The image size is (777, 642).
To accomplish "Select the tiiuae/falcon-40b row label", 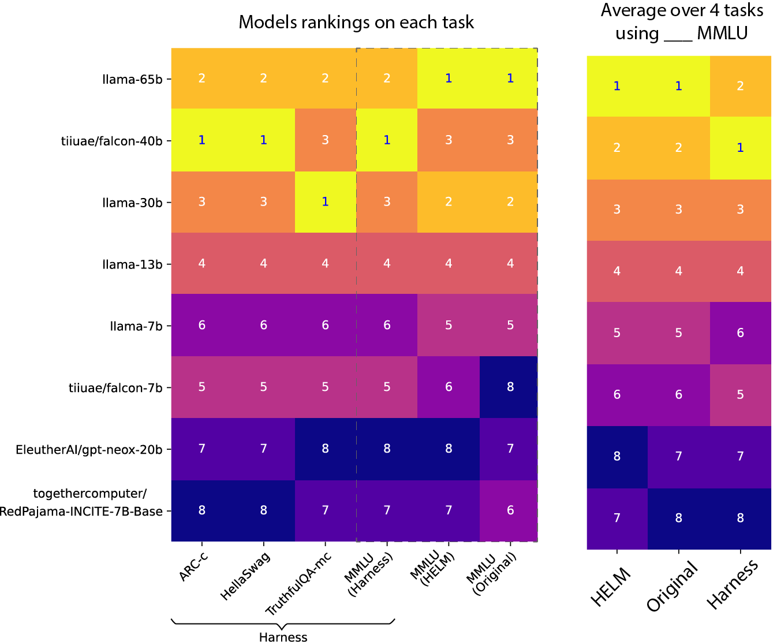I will pos(112,140).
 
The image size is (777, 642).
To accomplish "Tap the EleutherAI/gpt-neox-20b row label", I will pos(89,449).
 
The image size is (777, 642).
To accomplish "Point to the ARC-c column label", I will pos(193,568).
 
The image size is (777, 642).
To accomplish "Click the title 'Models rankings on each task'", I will pos(356,23).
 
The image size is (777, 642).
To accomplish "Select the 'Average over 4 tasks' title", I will pos(682,10).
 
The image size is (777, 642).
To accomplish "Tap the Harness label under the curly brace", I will pos(283,637).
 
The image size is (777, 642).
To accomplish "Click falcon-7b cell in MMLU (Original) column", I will pos(510,387).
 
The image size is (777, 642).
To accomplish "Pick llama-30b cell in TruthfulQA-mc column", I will pos(325,201).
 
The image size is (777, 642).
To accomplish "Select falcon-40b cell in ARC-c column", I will pos(202,140).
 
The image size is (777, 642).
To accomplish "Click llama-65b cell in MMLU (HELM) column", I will pos(449,79).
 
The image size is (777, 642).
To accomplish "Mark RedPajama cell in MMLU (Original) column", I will pos(510,510).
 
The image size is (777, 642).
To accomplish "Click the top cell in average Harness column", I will pos(740,86).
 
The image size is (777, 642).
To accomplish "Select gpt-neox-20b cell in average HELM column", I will pos(617,457).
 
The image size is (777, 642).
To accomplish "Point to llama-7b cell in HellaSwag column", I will pos(263,325).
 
